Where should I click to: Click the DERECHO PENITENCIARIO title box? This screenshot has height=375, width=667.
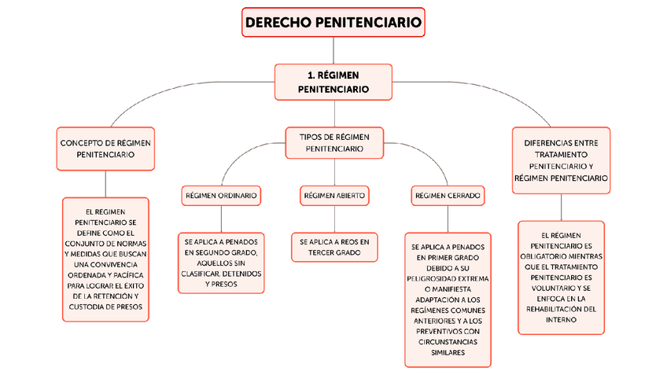coord(333,23)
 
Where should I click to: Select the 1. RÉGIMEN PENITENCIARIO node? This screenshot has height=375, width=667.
coord(333,82)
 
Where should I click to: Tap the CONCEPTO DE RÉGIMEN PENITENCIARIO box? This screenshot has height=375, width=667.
coord(105,149)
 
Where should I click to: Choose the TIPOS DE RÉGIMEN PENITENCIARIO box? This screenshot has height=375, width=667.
coord(334,142)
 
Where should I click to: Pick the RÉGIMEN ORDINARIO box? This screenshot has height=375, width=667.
coord(221,195)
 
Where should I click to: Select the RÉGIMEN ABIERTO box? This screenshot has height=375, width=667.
coord(334,195)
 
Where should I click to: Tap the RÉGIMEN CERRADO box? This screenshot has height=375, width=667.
coord(448,195)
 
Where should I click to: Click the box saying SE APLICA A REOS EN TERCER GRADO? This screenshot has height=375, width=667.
coord(334,247)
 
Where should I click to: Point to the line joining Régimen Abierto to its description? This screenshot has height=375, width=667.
coord(334,219)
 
